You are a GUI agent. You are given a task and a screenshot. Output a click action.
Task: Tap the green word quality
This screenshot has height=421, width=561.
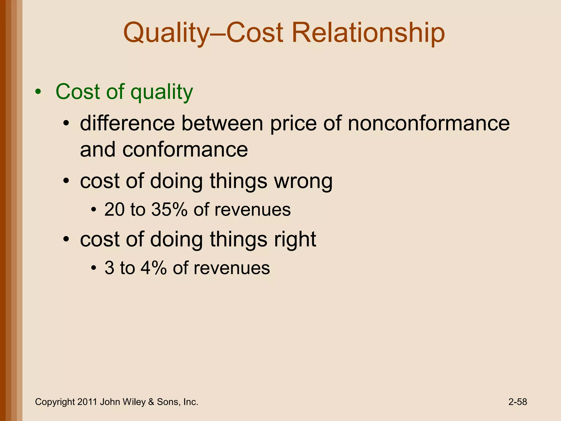(x=162, y=92)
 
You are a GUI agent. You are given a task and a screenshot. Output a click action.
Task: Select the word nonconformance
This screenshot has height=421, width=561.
(x=429, y=123)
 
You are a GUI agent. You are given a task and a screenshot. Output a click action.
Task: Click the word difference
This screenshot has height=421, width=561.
(x=127, y=123)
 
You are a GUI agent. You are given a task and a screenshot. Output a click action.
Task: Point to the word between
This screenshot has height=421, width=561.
(x=222, y=123)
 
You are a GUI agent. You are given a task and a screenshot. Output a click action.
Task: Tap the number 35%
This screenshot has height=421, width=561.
(x=169, y=210)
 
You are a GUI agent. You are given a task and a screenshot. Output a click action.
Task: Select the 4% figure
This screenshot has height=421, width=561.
(x=154, y=268)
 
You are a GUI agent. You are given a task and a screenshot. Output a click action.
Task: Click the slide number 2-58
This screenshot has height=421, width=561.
(x=517, y=402)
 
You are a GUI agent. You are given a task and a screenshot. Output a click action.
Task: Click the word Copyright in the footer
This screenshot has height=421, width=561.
(x=55, y=402)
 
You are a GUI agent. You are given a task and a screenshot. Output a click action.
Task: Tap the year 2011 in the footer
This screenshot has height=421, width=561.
(x=87, y=402)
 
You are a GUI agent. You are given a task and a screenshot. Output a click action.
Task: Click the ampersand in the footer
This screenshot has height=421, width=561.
(x=151, y=402)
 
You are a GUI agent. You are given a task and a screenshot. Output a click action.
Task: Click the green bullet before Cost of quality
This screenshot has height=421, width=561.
(x=38, y=92)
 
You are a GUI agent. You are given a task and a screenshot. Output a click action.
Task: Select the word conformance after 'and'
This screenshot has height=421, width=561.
(x=185, y=150)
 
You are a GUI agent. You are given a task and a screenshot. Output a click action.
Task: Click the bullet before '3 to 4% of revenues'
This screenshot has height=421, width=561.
(x=94, y=268)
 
